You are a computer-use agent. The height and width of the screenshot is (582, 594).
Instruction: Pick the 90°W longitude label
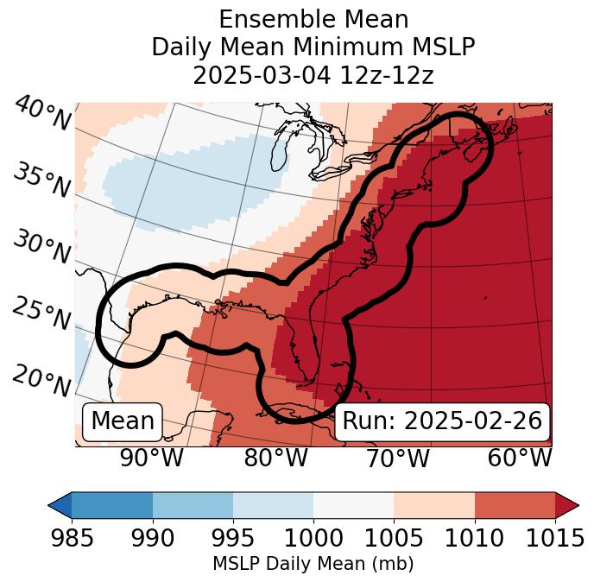click(151, 458)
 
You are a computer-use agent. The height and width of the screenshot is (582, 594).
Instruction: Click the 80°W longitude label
click(275, 458)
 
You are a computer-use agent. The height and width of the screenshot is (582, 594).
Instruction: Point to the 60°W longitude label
click(520, 458)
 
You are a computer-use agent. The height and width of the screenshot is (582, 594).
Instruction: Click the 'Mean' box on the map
click(123, 421)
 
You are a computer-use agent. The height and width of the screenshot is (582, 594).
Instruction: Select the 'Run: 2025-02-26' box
click(442, 421)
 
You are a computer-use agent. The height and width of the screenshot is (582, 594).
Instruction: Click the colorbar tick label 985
click(72, 538)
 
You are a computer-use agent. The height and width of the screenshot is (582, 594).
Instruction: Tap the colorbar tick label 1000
click(313, 538)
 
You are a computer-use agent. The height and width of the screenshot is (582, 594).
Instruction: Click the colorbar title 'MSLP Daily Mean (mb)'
click(313, 564)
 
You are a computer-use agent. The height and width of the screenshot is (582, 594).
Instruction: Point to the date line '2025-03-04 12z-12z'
click(313, 75)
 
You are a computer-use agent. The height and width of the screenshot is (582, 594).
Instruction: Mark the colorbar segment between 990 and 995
click(193, 504)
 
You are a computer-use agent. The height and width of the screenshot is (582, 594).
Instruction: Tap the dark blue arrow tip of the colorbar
click(60, 504)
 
